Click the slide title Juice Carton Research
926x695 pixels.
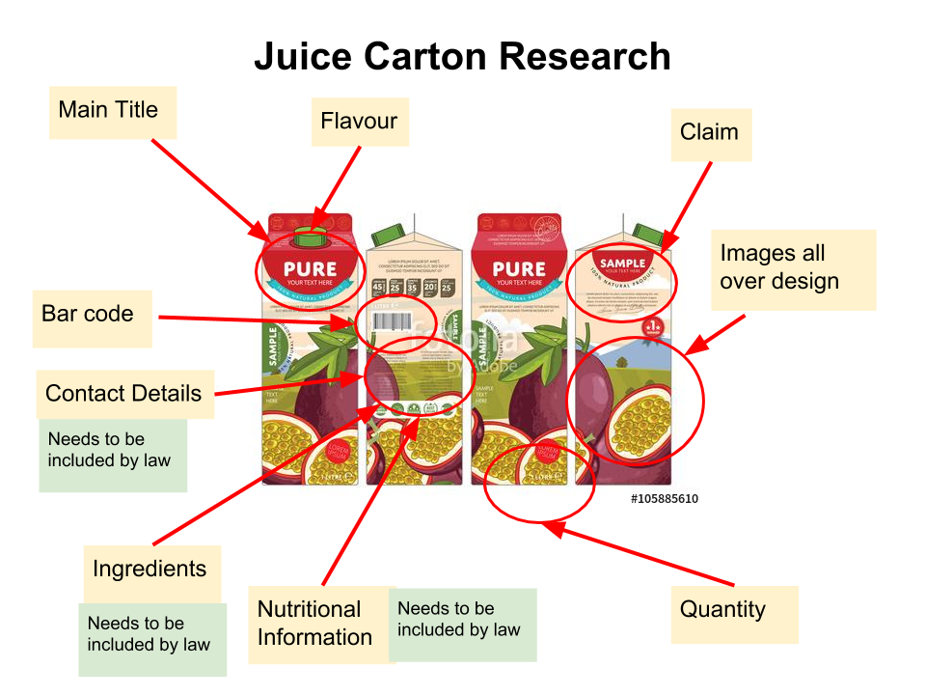tap(462, 56)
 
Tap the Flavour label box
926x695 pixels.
tap(359, 122)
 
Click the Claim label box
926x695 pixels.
tap(710, 133)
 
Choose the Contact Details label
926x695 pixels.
tap(123, 394)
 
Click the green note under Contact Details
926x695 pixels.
tap(111, 451)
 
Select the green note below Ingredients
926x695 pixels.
tap(150, 635)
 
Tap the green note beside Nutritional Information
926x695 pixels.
tap(460, 621)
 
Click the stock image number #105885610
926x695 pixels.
tap(665, 499)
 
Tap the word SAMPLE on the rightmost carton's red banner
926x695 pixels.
tap(622, 264)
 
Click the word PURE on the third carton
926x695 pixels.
tap(519, 268)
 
